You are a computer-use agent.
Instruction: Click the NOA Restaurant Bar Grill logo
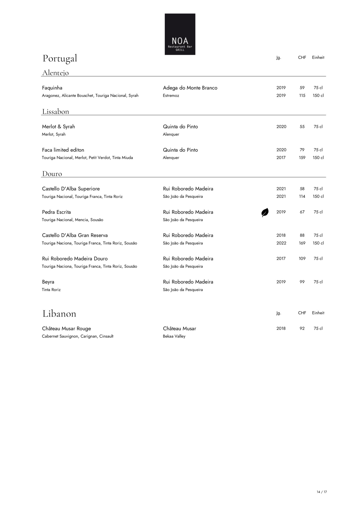point(180,34)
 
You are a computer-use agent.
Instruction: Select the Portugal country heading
point(60,58)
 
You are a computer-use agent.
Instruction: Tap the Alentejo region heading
point(55,72)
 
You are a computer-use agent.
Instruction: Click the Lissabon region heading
point(55,111)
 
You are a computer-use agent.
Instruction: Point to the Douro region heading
point(52,173)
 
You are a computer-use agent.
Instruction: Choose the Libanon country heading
point(59,313)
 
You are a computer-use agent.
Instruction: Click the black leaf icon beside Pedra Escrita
point(265,212)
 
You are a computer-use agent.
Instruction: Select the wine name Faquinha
point(52,88)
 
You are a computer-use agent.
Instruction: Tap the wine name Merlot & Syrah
point(58,127)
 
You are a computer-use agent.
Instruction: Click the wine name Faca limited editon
point(63,150)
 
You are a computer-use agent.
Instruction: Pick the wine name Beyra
point(48,282)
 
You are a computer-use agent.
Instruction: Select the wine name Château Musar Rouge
point(66,328)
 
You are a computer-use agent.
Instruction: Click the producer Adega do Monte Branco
point(190,88)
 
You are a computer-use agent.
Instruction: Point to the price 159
point(302,158)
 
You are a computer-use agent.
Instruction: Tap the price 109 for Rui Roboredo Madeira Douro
point(302,259)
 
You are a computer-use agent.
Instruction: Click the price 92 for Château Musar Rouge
point(302,328)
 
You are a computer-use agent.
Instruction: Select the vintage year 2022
point(281,243)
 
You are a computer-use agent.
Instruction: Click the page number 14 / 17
point(322,492)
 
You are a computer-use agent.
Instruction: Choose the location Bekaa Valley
point(174,336)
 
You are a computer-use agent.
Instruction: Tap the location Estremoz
point(171,95)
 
